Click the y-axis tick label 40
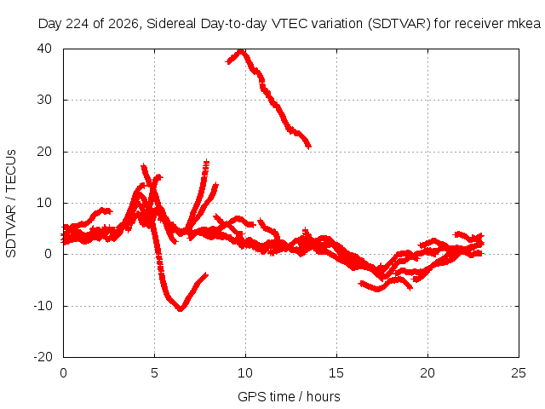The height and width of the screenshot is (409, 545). click(44, 49)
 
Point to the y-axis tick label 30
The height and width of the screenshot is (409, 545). click(44, 100)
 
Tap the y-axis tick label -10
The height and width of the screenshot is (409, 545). click(43, 306)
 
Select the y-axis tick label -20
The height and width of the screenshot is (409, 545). click(43, 357)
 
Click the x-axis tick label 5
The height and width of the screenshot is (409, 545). click(154, 373)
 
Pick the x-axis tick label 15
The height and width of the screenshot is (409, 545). click(336, 373)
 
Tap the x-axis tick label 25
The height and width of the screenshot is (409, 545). click(519, 373)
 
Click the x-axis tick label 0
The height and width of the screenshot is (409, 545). click(63, 373)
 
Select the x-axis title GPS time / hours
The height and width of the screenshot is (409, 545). click(289, 397)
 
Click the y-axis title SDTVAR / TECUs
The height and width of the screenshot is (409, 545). click(11, 204)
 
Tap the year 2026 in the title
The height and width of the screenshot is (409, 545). click(123, 24)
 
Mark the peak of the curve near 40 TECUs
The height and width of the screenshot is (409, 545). click(241, 51)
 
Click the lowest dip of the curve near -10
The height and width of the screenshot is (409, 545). click(181, 308)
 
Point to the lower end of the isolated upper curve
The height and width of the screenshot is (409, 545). click(308, 147)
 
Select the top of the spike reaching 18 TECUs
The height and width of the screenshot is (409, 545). click(206, 162)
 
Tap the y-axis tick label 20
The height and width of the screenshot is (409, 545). click(44, 152)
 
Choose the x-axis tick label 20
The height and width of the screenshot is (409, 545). click(427, 373)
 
